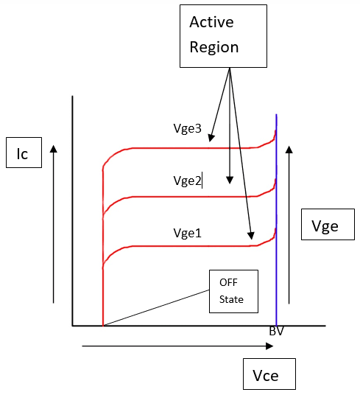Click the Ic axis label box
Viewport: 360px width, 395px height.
pyautogui.click(x=22, y=153)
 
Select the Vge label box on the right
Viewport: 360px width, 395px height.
pyautogui.click(x=325, y=227)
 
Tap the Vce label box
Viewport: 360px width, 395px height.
pyautogui.click(x=269, y=374)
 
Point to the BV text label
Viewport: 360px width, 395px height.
pyautogui.click(x=277, y=332)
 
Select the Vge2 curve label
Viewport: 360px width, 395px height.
pyautogui.click(x=187, y=180)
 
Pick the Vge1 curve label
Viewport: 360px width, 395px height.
pyautogui.click(x=188, y=233)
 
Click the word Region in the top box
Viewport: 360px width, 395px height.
pyautogui.click(x=214, y=47)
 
